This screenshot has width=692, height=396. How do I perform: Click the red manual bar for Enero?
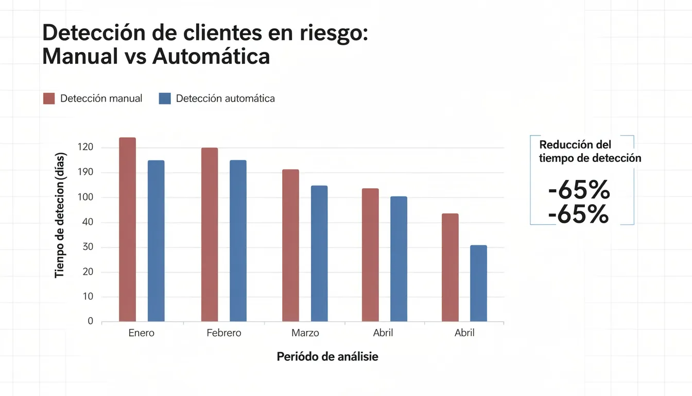click(x=127, y=229)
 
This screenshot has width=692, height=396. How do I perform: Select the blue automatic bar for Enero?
click(x=156, y=241)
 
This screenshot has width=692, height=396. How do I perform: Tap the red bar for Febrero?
click(x=210, y=235)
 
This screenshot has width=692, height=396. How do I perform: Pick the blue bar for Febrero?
click(x=238, y=241)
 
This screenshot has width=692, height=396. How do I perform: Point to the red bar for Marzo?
click(x=290, y=245)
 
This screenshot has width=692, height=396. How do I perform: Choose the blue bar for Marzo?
click(x=319, y=253)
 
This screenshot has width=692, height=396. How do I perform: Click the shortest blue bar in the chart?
click(x=478, y=283)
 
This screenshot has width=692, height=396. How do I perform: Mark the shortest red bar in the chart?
click(x=450, y=267)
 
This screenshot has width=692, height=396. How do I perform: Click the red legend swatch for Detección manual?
click(x=49, y=98)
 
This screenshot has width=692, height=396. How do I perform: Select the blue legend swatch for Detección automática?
click(x=165, y=98)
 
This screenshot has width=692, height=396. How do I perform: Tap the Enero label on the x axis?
click(x=141, y=333)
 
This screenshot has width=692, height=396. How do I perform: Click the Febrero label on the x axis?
click(x=224, y=333)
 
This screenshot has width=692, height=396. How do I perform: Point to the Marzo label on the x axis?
click(x=305, y=333)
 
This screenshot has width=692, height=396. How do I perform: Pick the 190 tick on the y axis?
click(x=85, y=172)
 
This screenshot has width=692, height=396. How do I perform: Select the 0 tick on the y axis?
click(x=91, y=321)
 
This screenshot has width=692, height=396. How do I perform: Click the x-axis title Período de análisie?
click(x=327, y=356)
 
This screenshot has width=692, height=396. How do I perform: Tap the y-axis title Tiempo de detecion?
click(x=60, y=216)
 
